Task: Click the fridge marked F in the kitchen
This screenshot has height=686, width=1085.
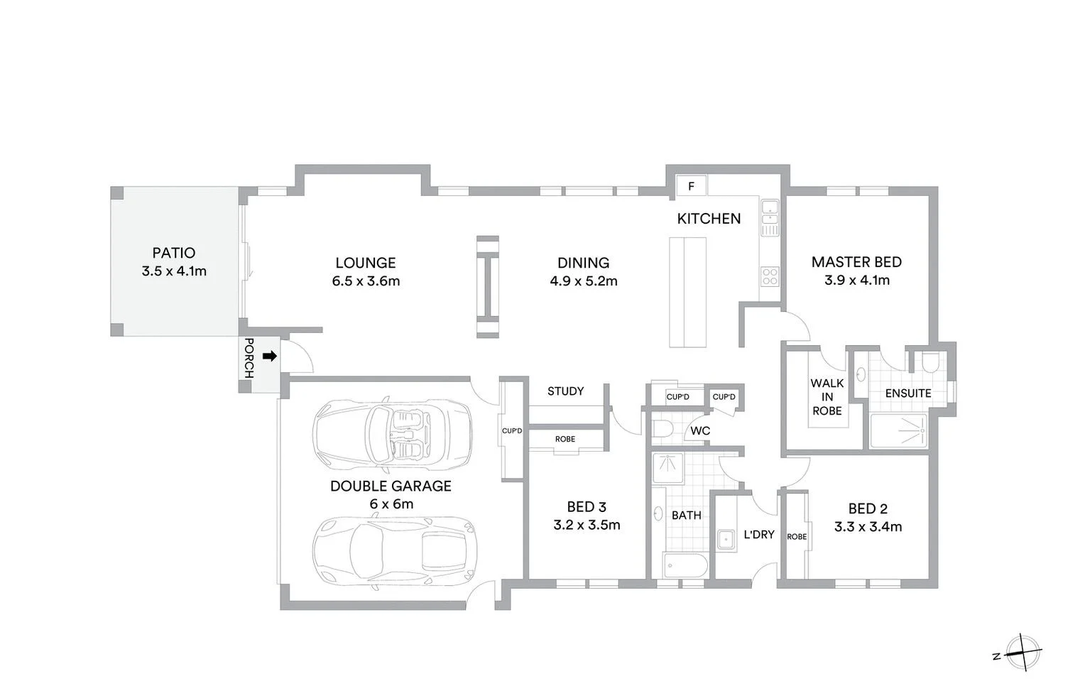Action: pyautogui.click(x=691, y=186)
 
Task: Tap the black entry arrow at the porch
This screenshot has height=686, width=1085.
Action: pyautogui.click(x=269, y=356)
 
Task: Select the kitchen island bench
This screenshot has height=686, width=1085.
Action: pyautogui.click(x=687, y=292)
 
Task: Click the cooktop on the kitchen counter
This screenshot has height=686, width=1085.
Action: pyautogui.click(x=770, y=276)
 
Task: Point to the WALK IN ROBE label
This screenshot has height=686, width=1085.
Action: pyautogui.click(x=827, y=397)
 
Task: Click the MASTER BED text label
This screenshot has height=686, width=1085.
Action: pyautogui.click(x=856, y=262)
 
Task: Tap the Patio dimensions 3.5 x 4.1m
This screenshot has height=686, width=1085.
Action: pyautogui.click(x=174, y=271)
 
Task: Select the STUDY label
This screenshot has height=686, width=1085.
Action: pyautogui.click(x=565, y=391)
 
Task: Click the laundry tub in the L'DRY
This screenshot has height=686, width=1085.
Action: pyautogui.click(x=726, y=539)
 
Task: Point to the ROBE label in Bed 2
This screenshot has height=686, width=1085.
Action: pyautogui.click(x=797, y=537)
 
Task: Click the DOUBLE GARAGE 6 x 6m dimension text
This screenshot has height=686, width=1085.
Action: pyautogui.click(x=391, y=504)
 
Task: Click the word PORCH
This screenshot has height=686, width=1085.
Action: pyautogui.click(x=249, y=358)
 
